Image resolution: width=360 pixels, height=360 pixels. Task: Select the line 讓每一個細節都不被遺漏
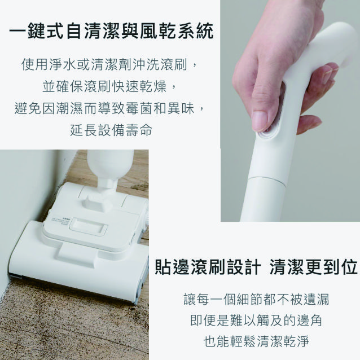(x=256, y=300)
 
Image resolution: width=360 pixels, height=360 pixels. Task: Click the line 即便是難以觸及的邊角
(x=256, y=321)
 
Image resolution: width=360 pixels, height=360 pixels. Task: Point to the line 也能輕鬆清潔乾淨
(x=256, y=341)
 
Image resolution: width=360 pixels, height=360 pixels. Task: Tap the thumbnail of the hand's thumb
(x=259, y=120)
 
